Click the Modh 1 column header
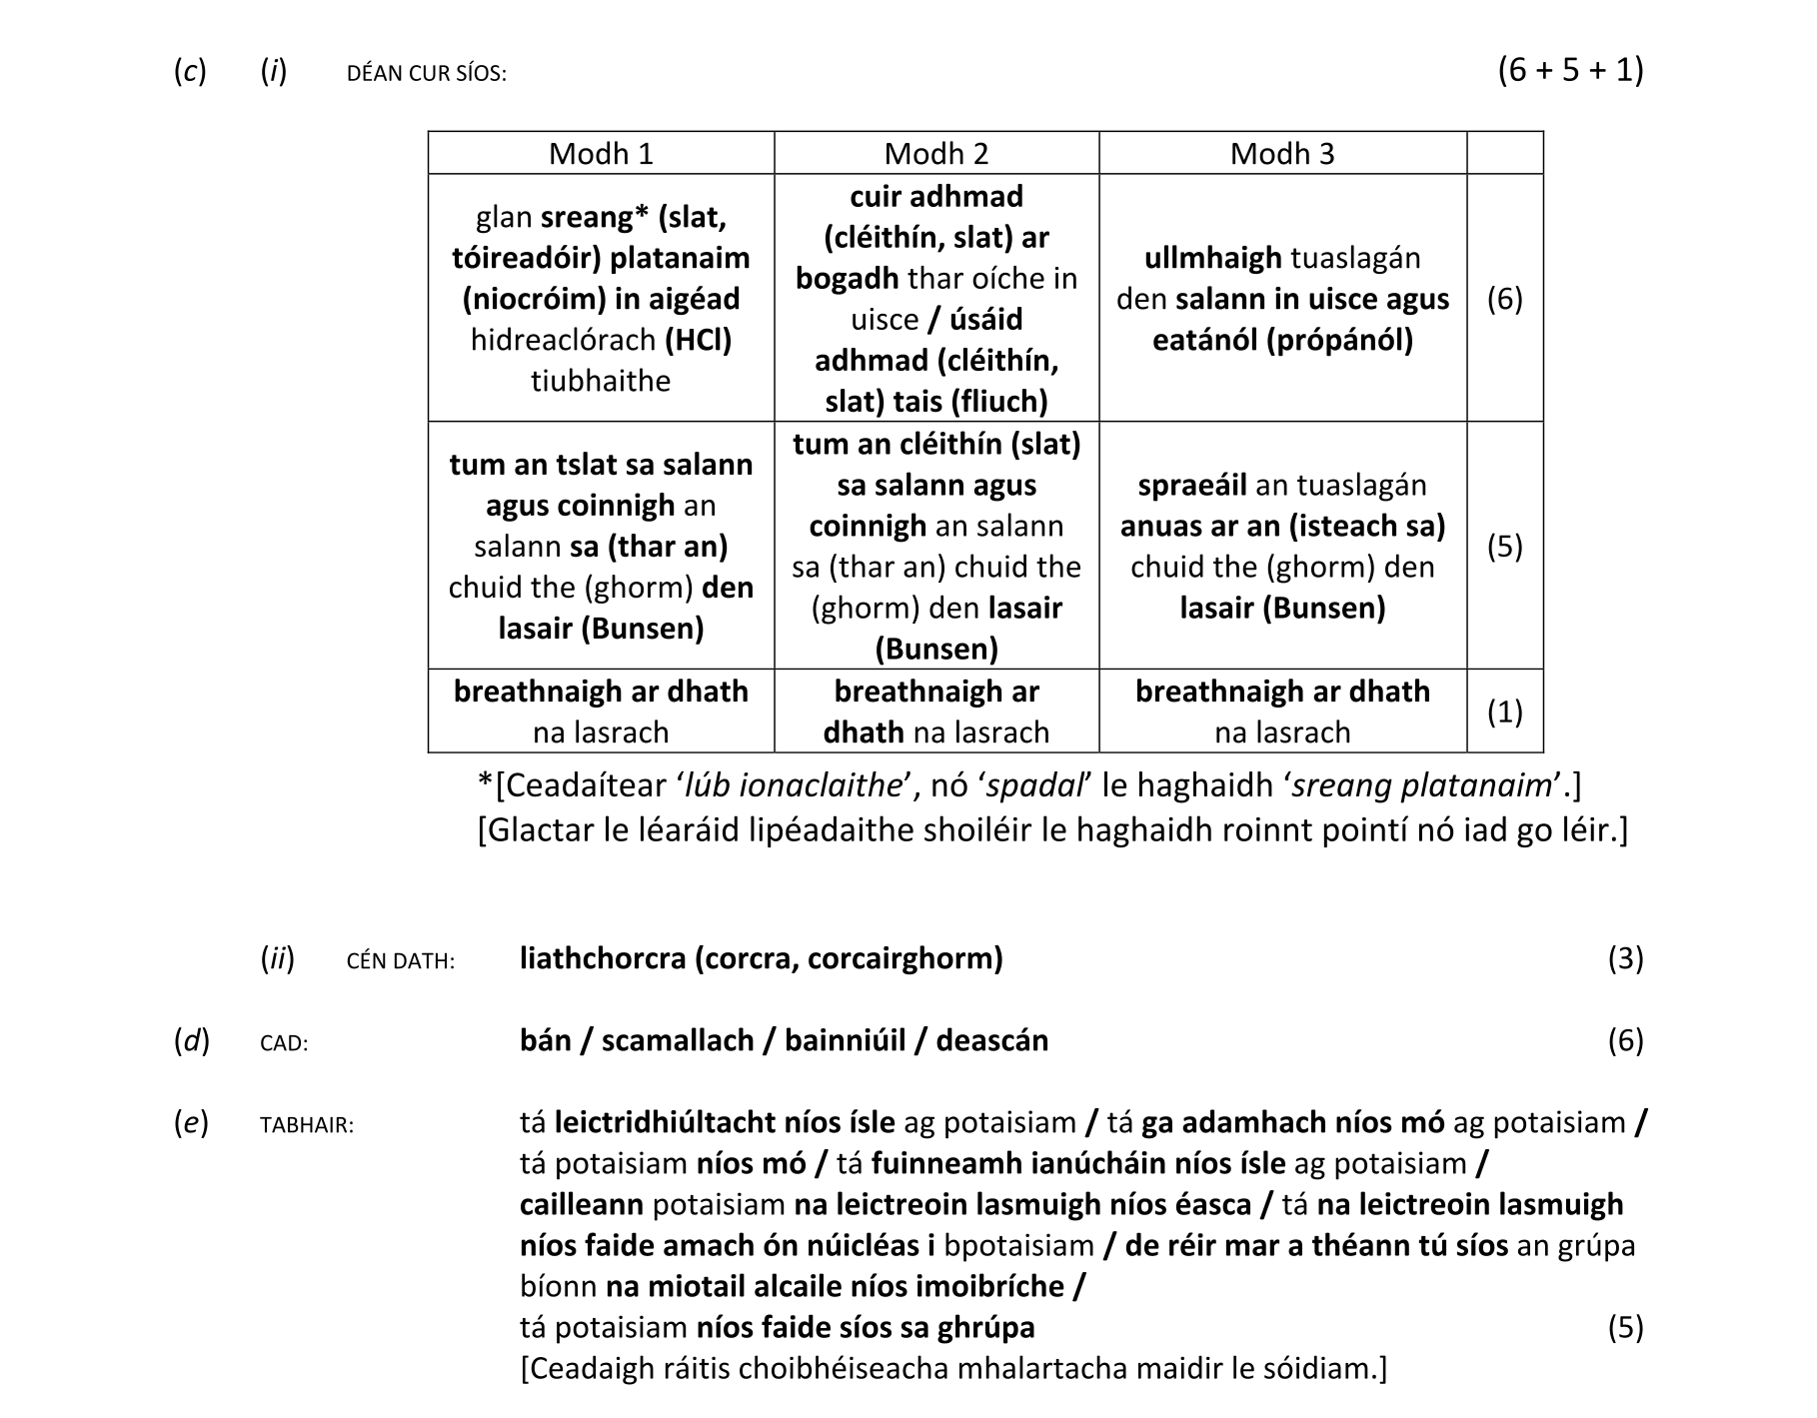pyautogui.click(x=601, y=154)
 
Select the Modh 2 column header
pyautogui.click(x=936, y=154)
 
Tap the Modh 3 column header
pyautogui.click(x=1282, y=154)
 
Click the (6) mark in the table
pyautogui.click(x=1505, y=299)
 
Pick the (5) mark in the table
pyautogui.click(x=1505, y=546)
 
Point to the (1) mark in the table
pyautogui.click(x=1505, y=711)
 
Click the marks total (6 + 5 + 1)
pyautogui.click(x=1570, y=70)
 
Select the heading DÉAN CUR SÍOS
pyautogui.click(x=427, y=74)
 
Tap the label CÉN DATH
pyautogui.click(x=401, y=961)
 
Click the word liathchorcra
pyautogui.click(x=603, y=958)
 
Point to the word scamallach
pyautogui.click(x=678, y=1040)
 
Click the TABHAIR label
pyautogui.click(x=307, y=1126)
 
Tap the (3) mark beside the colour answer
pyautogui.click(x=1625, y=958)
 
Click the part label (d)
pyautogui.click(x=192, y=1040)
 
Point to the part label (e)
pyautogui.click(x=192, y=1123)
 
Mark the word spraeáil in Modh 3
pyautogui.click(x=1191, y=485)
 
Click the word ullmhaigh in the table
pyautogui.click(x=1212, y=258)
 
